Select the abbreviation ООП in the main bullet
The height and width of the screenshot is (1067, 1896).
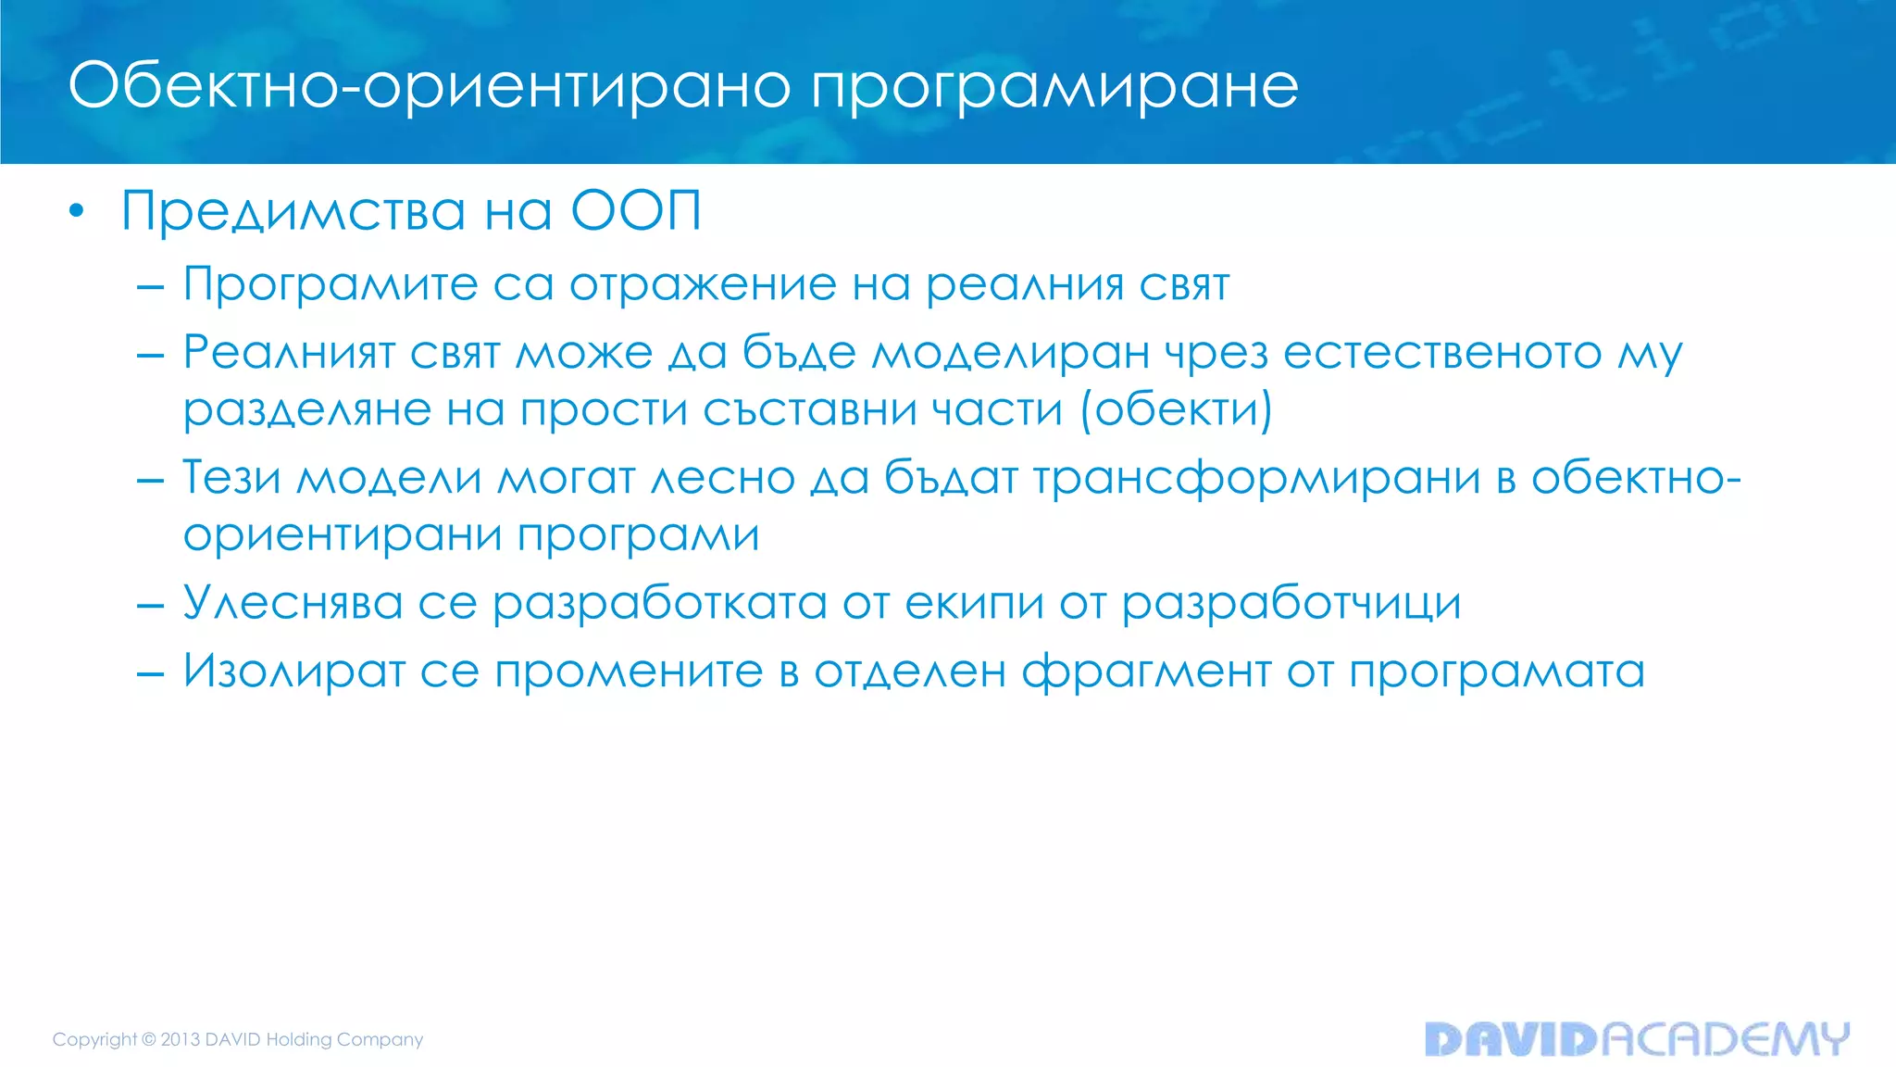636,210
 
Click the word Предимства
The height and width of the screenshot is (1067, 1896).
293,211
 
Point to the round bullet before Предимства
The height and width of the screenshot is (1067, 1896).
77,212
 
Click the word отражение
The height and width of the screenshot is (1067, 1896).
703,284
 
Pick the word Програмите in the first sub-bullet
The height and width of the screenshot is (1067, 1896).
330,284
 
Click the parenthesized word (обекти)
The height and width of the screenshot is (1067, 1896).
1177,410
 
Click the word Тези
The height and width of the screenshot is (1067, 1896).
231,478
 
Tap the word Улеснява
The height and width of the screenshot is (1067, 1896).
293,603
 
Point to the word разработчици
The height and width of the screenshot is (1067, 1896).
1291,605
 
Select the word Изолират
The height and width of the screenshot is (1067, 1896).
294,671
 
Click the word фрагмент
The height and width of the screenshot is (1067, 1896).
1146,672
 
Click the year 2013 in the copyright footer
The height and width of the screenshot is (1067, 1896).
181,1039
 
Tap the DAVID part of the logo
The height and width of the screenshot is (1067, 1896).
1512,1039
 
